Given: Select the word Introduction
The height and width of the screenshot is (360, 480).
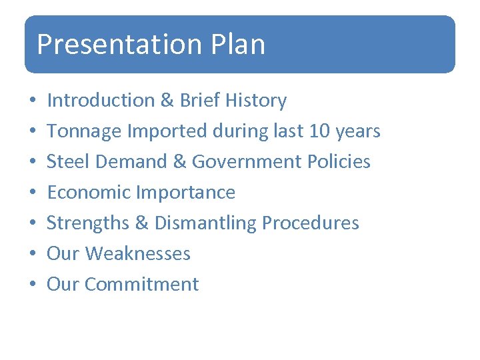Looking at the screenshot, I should [101, 101].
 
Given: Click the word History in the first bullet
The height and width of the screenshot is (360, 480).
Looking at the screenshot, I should [256, 101].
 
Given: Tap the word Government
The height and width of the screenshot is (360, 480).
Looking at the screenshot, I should [243, 162].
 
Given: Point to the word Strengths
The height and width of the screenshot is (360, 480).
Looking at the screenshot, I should [89, 223].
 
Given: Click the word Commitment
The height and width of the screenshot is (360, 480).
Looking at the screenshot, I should [141, 285].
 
